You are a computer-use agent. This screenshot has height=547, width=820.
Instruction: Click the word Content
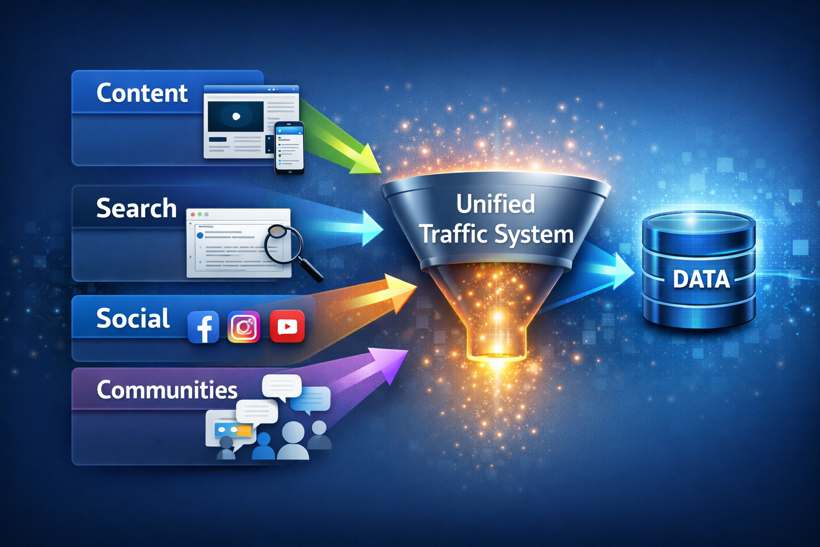(142, 93)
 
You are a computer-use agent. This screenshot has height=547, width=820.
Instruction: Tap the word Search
(136, 208)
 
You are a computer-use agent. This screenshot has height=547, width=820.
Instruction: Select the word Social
(133, 319)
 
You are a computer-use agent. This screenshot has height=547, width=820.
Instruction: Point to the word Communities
(167, 390)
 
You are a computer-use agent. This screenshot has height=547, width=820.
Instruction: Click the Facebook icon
(203, 327)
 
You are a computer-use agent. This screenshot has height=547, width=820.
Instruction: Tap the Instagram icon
(244, 326)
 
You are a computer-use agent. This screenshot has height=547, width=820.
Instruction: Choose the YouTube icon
(287, 326)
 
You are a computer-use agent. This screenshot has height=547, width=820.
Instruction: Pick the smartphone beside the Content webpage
(289, 147)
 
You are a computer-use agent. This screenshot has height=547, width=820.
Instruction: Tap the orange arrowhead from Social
(401, 291)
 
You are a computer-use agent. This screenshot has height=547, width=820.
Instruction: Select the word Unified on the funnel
(495, 205)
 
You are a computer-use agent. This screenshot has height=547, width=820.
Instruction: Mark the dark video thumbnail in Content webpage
(235, 116)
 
